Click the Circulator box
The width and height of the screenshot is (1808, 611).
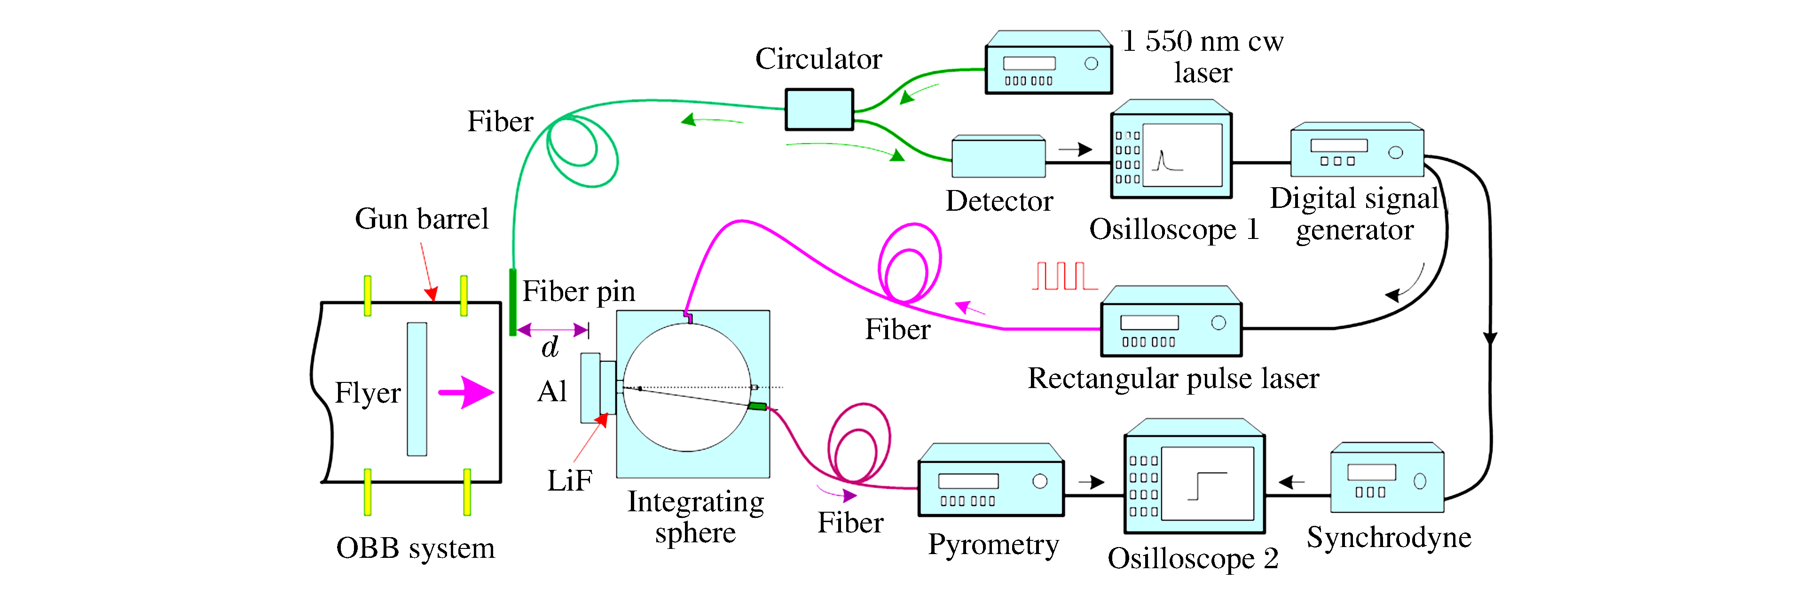pos(818,110)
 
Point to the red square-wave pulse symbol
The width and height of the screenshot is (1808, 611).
pos(1064,276)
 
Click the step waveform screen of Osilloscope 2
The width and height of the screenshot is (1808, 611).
pos(1207,483)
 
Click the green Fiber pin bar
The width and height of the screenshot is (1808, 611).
pos(513,302)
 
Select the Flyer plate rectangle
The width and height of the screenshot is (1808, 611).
pos(417,389)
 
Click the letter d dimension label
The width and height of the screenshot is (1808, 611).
pos(550,348)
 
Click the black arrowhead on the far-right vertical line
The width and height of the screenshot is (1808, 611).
pos(1489,339)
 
